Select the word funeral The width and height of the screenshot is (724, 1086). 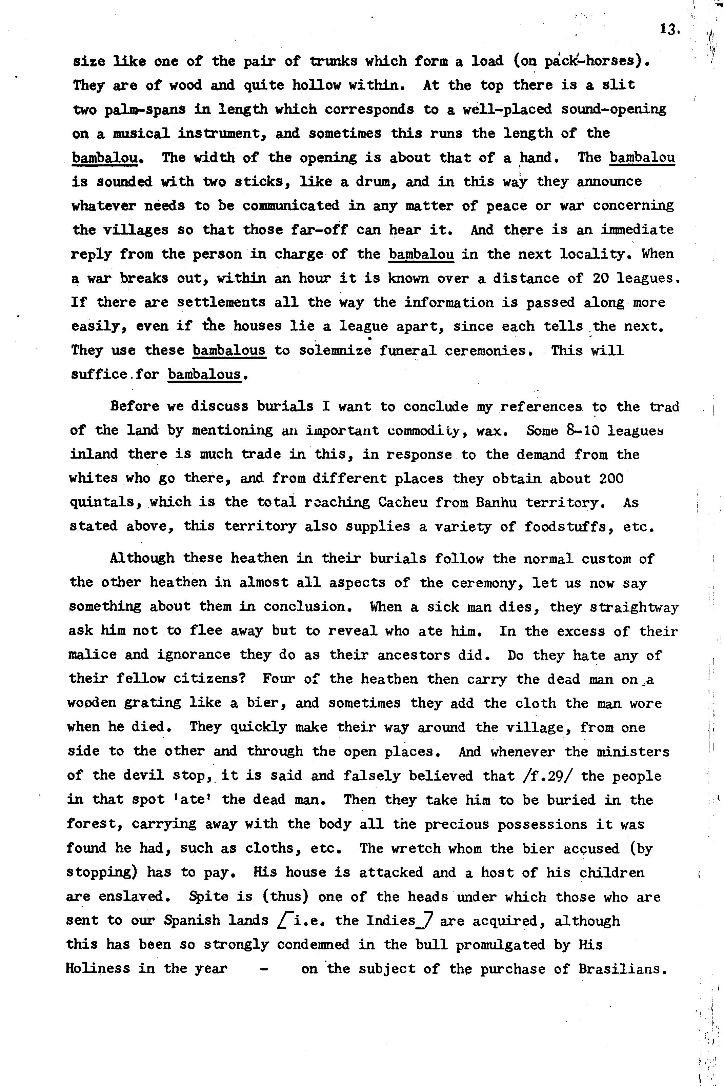(x=408, y=350)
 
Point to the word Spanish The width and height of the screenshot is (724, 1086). (x=193, y=920)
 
